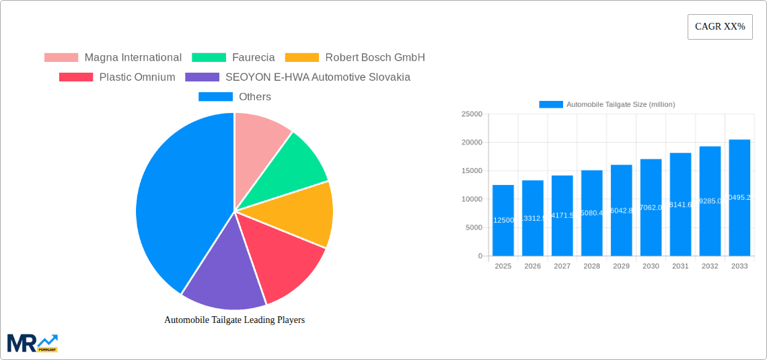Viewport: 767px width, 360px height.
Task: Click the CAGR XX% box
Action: point(719,27)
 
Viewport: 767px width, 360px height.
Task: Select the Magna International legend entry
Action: point(113,57)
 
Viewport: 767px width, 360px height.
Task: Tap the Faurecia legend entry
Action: point(233,57)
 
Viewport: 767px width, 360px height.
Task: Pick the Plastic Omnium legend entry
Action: point(117,77)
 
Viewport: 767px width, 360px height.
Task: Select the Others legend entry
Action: point(235,96)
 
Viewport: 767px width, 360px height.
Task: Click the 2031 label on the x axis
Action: point(680,266)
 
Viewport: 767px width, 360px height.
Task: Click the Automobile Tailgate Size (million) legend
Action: point(607,104)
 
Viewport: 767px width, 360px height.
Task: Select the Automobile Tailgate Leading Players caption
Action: point(234,320)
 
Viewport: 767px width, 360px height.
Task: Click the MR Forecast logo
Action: point(32,343)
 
